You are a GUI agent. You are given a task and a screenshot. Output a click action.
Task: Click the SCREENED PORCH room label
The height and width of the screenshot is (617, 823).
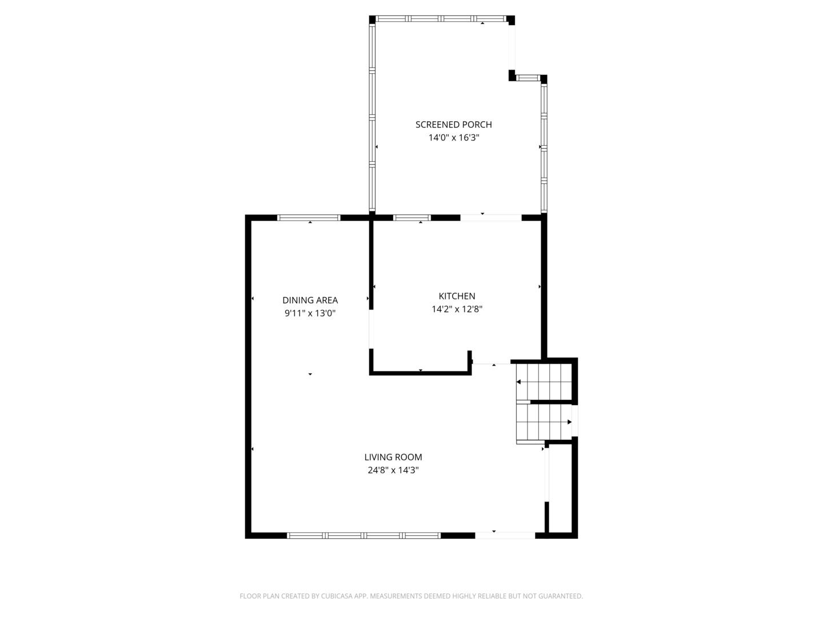click(453, 125)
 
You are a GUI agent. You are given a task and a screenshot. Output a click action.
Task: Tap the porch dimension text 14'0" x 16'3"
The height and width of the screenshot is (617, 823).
click(454, 138)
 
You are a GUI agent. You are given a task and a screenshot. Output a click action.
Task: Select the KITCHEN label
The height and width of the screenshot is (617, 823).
click(457, 296)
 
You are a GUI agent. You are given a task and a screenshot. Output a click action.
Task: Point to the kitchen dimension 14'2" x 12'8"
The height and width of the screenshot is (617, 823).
click(457, 309)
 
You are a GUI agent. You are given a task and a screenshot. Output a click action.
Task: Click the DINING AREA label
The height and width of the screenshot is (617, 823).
click(310, 300)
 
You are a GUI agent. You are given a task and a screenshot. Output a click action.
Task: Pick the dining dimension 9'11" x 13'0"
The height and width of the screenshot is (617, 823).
click(310, 313)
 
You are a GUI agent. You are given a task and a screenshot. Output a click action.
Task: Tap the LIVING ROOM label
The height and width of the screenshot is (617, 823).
click(393, 457)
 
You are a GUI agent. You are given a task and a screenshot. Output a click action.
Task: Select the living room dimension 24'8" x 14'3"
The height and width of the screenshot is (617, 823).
click(393, 470)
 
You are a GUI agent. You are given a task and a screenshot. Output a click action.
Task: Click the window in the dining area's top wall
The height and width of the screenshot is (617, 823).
click(309, 218)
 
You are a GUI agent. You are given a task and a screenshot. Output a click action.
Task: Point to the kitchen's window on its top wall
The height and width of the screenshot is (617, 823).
click(411, 218)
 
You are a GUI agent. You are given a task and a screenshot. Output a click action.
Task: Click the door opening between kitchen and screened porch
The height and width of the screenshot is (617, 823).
click(491, 218)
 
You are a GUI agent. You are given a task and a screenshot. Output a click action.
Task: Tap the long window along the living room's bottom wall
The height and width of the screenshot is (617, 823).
click(363, 536)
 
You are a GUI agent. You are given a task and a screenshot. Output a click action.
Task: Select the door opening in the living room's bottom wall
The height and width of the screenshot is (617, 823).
click(505, 536)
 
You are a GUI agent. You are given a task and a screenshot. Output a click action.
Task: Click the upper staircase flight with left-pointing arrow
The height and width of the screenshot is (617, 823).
click(544, 382)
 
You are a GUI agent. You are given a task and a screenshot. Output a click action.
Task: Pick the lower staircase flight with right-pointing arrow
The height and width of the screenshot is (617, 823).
click(544, 422)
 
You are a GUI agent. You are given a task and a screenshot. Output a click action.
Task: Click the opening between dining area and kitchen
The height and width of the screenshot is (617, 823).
click(371, 329)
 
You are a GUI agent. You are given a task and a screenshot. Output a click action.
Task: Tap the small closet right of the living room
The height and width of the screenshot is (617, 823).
click(560, 488)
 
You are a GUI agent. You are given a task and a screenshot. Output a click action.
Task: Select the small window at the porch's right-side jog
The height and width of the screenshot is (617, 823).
click(528, 78)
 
